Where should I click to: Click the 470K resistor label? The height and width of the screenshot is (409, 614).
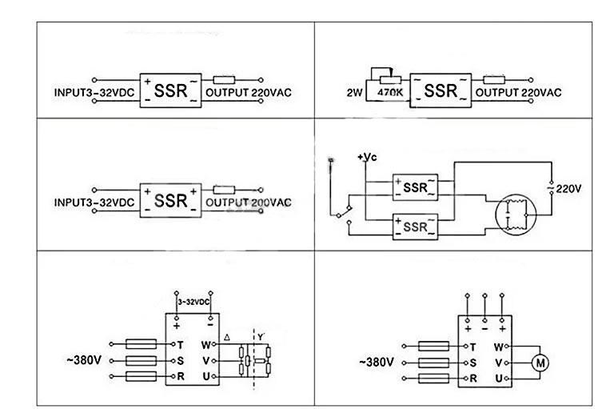[x=391, y=90]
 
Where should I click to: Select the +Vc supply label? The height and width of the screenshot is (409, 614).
[x=366, y=156]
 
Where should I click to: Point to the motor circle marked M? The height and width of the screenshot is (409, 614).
[x=541, y=363]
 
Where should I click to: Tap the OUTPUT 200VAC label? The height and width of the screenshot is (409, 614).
[x=249, y=202]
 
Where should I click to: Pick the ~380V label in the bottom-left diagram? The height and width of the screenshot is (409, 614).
[x=82, y=361]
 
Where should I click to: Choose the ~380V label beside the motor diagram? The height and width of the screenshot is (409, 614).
[x=377, y=363]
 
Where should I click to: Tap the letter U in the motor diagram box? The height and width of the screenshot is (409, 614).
[x=498, y=378]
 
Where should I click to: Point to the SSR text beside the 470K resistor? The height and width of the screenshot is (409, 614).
[x=440, y=90]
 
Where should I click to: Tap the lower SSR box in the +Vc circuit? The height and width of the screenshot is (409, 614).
[x=416, y=227]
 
